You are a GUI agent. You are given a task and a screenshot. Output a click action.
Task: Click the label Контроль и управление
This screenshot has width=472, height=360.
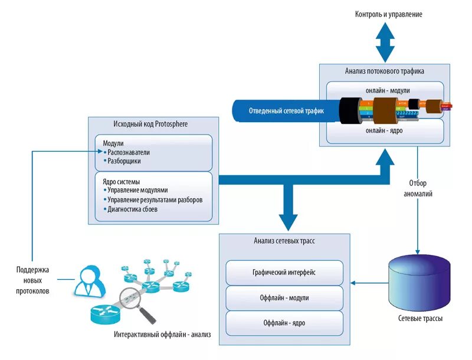point(388,14)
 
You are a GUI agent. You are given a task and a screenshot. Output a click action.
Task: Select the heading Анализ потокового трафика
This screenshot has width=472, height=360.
point(384,71)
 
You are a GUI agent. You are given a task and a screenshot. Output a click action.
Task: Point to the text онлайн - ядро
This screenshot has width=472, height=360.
point(384,131)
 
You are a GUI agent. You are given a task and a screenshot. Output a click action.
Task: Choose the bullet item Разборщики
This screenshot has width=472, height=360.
point(124,161)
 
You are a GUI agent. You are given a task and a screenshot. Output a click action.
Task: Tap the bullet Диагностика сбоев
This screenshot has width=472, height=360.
point(132,209)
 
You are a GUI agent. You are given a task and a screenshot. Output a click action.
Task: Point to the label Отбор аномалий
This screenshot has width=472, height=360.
point(418,188)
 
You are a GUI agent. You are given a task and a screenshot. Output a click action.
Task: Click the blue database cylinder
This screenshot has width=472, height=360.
point(419,281)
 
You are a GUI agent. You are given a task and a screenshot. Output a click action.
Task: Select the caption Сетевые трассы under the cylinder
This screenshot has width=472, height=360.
point(420,319)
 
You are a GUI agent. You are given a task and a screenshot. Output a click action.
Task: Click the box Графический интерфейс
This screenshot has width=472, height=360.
point(284,273)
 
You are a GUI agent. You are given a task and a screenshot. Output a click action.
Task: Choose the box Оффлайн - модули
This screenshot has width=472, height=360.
point(284,298)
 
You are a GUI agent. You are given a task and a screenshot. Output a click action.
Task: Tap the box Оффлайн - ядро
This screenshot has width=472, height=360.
point(284,323)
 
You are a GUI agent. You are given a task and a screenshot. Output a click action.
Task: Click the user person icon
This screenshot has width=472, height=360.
point(90,281)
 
